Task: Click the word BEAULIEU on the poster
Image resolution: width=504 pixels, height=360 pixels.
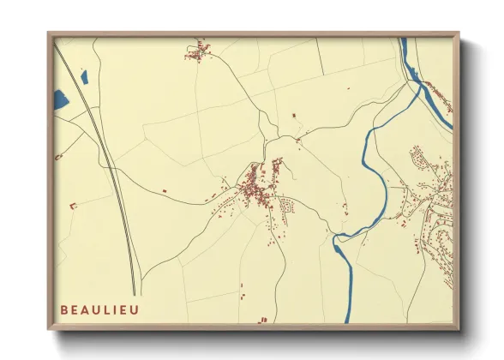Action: pos(102,309)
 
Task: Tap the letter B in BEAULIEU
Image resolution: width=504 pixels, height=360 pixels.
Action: pos(65,309)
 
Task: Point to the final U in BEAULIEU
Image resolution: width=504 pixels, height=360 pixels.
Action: pos(139,309)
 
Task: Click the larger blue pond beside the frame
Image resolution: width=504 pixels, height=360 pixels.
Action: pos(60,100)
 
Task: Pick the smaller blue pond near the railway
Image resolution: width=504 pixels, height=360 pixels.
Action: pos(84,78)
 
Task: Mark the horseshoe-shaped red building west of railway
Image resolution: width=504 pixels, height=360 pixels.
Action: pos(73,205)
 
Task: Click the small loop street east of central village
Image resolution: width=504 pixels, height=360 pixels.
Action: pos(288,205)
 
